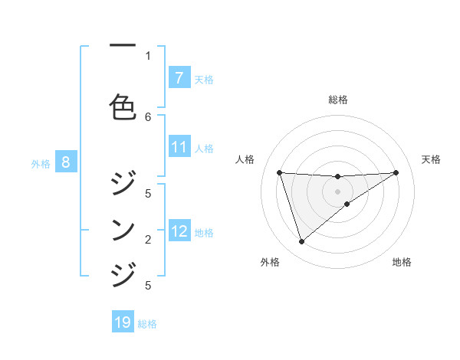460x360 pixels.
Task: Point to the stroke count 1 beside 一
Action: click(148, 55)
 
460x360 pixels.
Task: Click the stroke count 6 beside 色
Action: click(148, 116)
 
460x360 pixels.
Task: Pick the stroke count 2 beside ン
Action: click(148, 240)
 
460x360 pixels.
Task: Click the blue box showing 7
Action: click(179, 78)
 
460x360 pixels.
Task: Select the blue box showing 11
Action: click(179, 147)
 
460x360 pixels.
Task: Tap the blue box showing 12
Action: click(179, 231)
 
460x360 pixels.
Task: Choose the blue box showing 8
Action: click(66, 162)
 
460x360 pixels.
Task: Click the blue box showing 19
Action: click(123, 322)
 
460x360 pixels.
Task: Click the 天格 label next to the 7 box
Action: click(204, 79)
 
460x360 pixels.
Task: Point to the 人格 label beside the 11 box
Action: click(204, 148)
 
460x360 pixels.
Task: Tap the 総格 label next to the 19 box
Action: click(147, 323)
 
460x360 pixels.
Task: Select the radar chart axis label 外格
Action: click(270, 262)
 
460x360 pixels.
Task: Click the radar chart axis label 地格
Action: click(402, 262)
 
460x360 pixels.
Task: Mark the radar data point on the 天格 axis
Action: click(396, 172)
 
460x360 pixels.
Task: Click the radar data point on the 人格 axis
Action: click(280, 172)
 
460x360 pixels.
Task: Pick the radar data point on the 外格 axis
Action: click(301, 242)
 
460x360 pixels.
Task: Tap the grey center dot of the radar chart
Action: click(337, 191)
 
